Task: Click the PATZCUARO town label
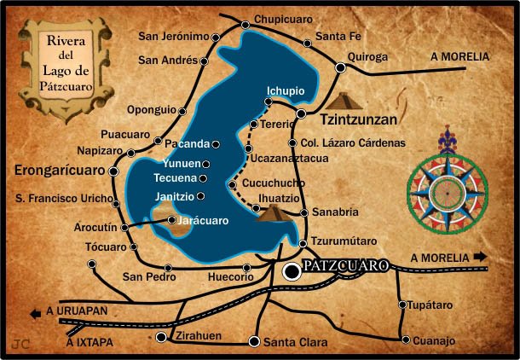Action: [344, 266]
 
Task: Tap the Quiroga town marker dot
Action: [341, 67]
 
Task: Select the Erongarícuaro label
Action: [58, 171]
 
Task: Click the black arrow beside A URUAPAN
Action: [36, 313]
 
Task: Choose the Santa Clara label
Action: [295, 342]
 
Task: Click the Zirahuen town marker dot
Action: [163, 337]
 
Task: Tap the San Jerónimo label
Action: [174, 37]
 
